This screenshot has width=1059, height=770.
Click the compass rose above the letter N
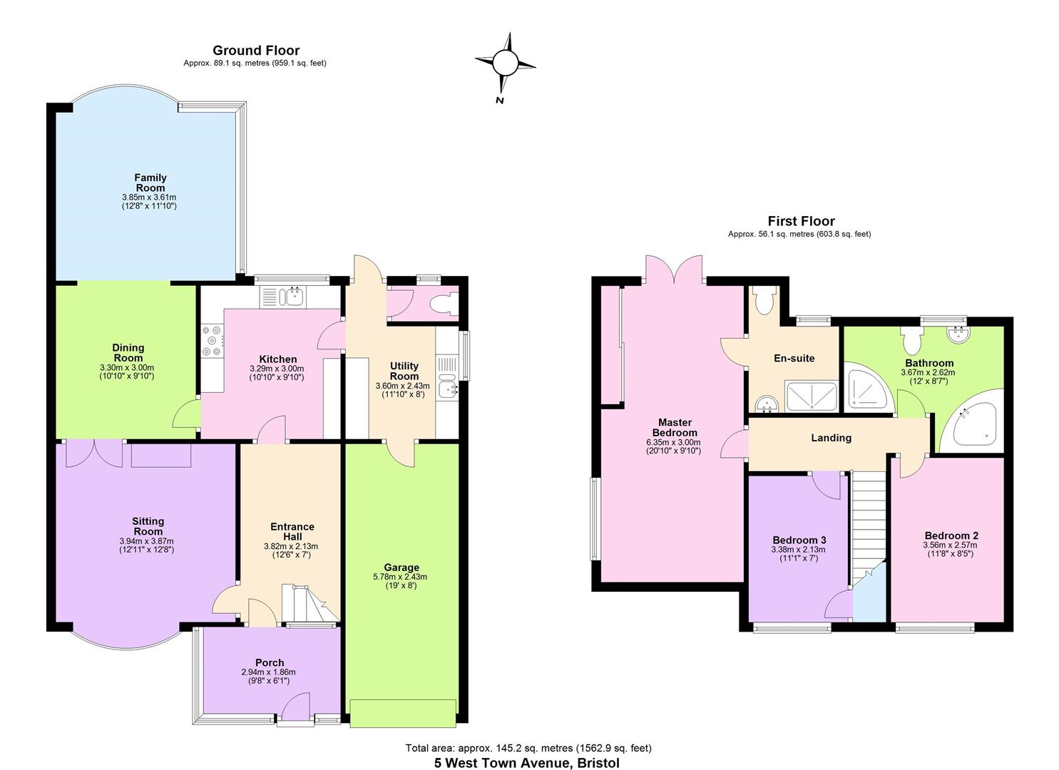pyautogui.click(x=505, y=63)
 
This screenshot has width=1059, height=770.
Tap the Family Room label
pyautogui.click(x=150, y=183)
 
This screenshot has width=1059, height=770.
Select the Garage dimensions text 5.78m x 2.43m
pyautogui.click(x=400, y=577)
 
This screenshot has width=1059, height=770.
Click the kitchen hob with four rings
pyautogui.click(x=213, y=341)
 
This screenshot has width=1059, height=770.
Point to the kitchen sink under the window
pyautogui.click(x=292, y=296)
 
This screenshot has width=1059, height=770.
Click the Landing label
pyautogui.click(x=831, y=438)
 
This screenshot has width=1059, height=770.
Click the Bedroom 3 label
pyautogui.click(x=799, y=540)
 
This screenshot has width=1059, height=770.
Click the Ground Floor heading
pyautogui.click(x=255, y=51)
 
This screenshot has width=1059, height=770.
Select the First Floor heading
pyautogui.click(x=800, y=221)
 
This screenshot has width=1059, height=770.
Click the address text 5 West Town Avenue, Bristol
pyautogui.click(x=527, y=763)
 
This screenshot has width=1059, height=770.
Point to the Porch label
pyautogui.click(x=269, y=662)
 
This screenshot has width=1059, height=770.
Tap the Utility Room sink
pyautogui.click(x=448, y=388)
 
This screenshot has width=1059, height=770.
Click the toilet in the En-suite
pyautogui.click(x=764, y=302)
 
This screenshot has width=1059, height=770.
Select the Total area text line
pyautogui.click(x=528, y=748)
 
